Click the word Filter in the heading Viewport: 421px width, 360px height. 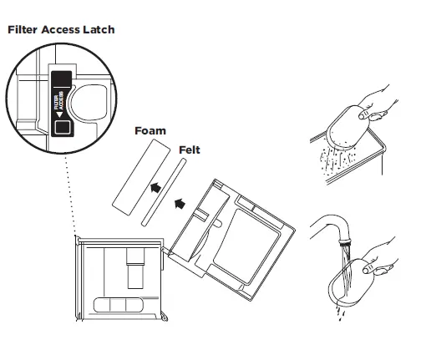[24, 29]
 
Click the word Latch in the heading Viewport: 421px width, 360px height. [98, 29]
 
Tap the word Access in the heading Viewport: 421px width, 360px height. [63, 29]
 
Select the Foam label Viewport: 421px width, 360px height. [150, 131]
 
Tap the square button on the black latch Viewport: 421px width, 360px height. [61, 128]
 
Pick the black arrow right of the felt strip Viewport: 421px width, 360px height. [180, 201]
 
